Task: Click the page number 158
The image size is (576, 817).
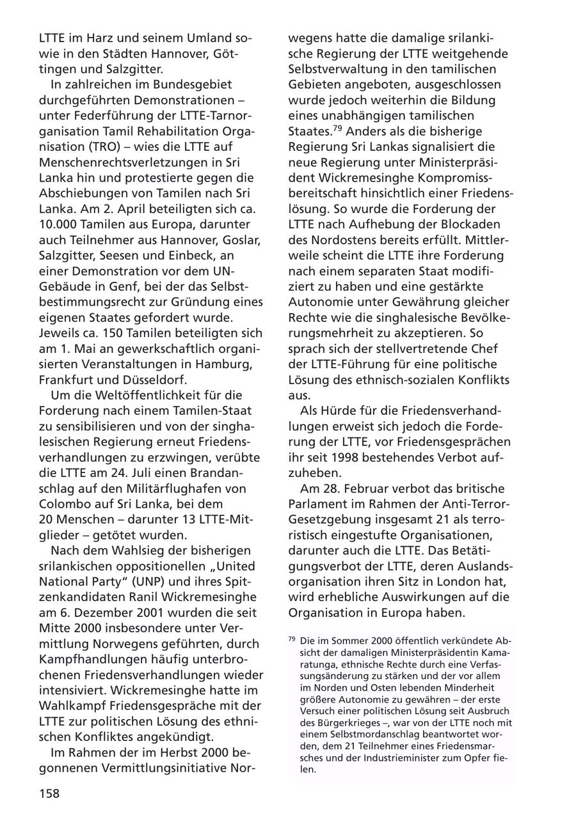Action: [49, 793]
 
